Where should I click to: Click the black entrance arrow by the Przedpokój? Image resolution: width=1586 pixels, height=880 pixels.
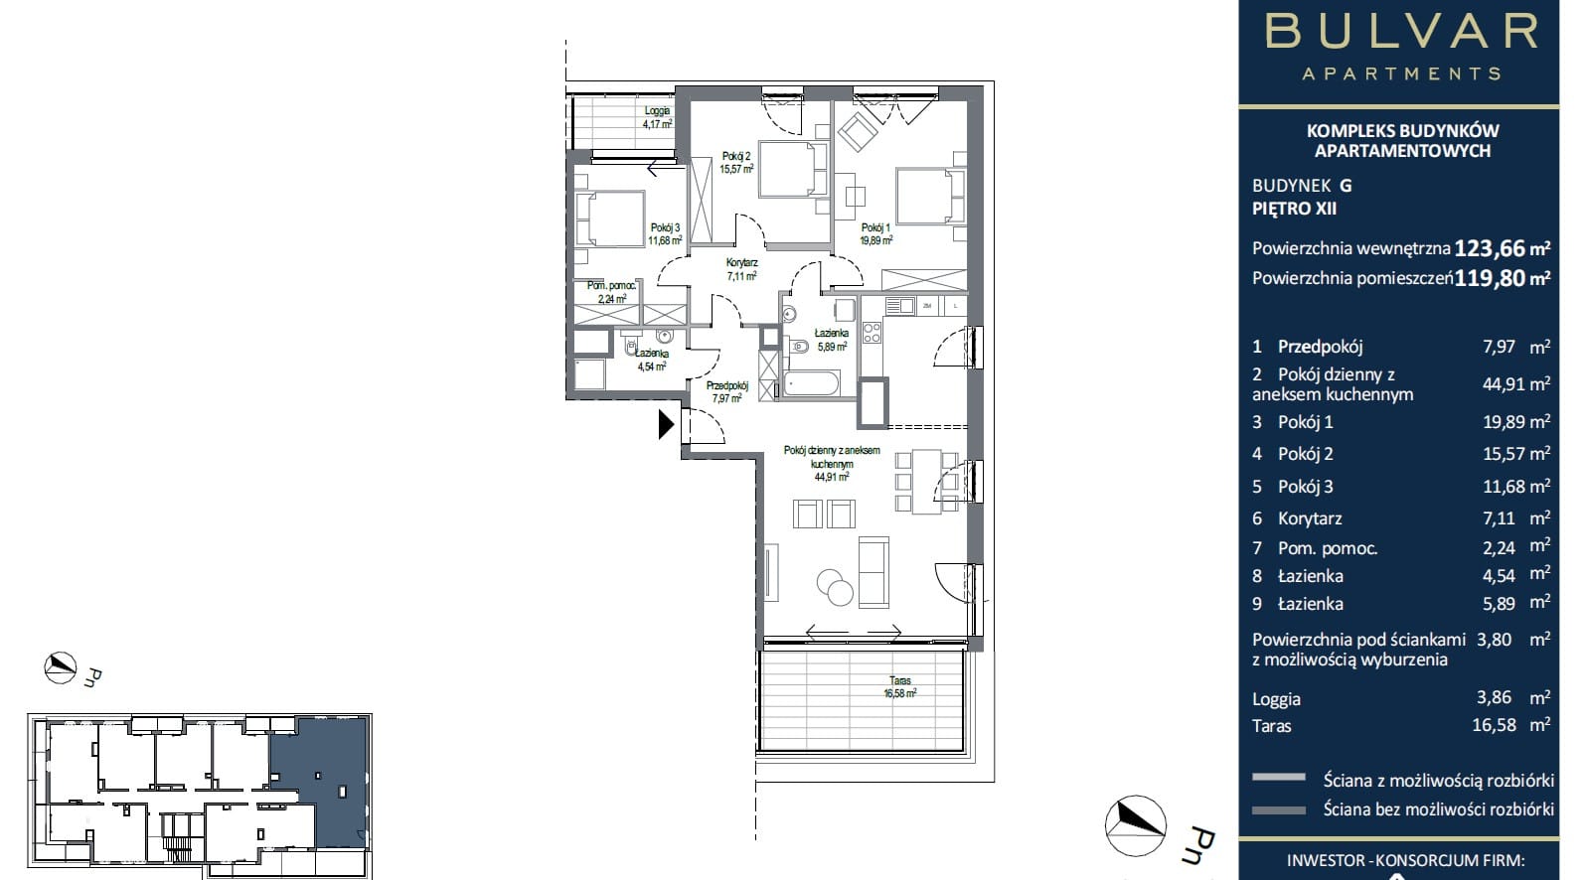point(665,424)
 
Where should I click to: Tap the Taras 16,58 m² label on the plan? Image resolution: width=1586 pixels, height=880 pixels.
point(900,687)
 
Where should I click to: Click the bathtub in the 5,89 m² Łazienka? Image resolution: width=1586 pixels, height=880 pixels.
point(812,384)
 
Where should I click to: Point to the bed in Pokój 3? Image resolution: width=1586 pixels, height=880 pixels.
point(609,219)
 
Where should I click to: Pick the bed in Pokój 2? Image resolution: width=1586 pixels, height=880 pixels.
point(793,170)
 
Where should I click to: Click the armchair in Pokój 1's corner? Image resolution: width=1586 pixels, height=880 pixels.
point(858,131)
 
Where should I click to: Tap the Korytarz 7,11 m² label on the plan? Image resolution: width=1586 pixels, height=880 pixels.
point(741,269)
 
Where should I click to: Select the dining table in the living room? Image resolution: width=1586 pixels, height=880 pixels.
point(926,481)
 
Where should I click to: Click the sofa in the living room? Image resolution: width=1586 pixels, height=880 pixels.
point(873,572)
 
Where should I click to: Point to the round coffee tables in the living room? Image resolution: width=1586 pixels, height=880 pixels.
point(835,587)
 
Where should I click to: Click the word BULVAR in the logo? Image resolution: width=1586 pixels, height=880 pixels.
point(1401,32)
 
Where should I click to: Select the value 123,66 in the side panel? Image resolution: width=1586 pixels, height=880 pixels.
point(1489,248)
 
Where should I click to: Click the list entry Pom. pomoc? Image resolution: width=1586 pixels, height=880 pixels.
point(1328,548)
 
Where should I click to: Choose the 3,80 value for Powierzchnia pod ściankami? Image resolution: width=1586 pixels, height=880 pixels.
point(1494,640)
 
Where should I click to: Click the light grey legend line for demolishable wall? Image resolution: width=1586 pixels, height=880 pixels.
point(1279,778)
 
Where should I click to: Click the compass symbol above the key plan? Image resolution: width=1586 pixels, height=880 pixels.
point(61,667)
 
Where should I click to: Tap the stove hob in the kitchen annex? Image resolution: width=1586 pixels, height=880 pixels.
point(872,333)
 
